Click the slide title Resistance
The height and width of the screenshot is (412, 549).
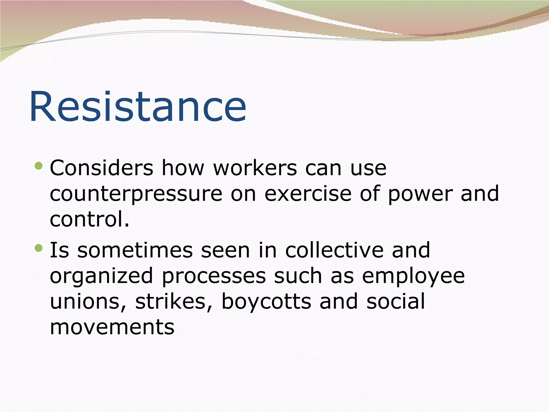pyautogui.click(x=138, y=106)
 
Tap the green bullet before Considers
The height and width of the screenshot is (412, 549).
pyautogui.click(x=39, y=166)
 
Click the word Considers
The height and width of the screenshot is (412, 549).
pyautogui.click(x=101, y=168)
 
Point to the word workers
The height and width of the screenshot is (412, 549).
pyautogui.click(x=255, y=168)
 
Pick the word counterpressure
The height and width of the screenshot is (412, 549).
pyautogui.click(x=136, y=194)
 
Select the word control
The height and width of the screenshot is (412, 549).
pyautogui.click(x=90, y=219)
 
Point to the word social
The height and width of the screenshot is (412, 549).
pyautogui.click(x=396, y=301)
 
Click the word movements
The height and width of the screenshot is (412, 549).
pyautogui.click(x=112, y=327)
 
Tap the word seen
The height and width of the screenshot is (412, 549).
pyautogui.click(x=225, y=250)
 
